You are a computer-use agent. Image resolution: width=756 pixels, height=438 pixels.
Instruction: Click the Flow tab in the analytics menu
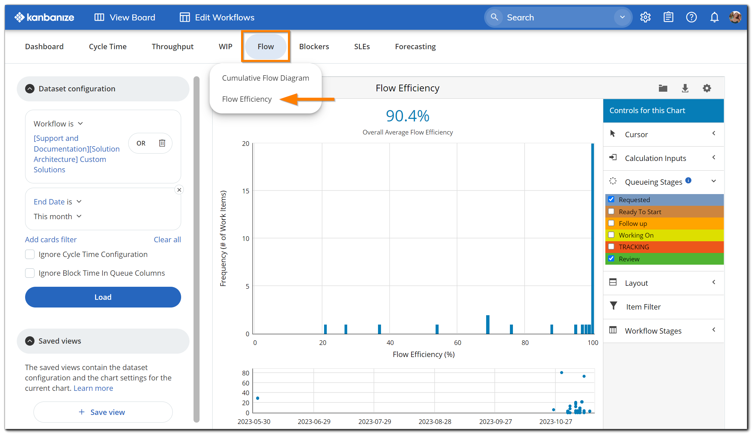pyautogui.click(x=266, y=47)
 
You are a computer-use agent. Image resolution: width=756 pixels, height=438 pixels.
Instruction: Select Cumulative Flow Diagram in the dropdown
pyautogui.click(x=265, y=78)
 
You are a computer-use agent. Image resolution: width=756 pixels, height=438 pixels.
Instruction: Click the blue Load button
pyautogui.click(x=103, y=297)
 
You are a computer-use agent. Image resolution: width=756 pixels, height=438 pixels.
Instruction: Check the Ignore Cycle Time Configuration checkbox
pyautogui.click(x=30, y=254)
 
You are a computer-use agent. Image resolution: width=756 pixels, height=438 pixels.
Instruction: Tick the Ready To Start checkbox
pyautogui.click(x=611, y=211)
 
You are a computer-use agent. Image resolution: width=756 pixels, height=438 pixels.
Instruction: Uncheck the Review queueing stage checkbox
pyautogui.click(x=611, y=259)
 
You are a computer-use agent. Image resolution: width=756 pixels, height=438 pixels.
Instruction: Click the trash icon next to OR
pyautogui.click(x=162, y=143)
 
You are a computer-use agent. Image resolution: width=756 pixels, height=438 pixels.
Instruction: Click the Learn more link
pyautogui.click(x=93, y=388)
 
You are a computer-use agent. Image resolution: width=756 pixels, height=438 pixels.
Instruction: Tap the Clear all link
pyautogui.click(x=167, y=240)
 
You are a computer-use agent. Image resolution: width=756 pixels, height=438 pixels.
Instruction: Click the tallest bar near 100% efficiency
pyautogui.click(x=592, y=238)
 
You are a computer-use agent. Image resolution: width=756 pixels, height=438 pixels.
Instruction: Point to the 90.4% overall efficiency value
pyautogui.click(x=407, y=116)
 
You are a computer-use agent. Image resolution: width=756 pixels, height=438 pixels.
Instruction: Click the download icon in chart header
pyautogui.click(x=685, y=88)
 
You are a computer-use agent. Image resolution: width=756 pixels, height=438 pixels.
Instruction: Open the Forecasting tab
pyautogui.click(x=415, y=47)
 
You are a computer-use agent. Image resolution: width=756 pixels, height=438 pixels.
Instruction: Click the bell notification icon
pyautogui.click(x=714, y=17)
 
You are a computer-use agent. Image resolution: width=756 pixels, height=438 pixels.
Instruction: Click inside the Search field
pyautogui.click(x=556, y=17)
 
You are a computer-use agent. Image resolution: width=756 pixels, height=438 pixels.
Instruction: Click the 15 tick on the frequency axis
pyautogui.click(x=246, y=191)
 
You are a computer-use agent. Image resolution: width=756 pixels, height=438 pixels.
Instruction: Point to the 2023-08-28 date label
pyautogui.click(x=435, y=422)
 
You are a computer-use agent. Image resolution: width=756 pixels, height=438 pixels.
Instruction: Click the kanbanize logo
pyautogui.click(x=44, y=17)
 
